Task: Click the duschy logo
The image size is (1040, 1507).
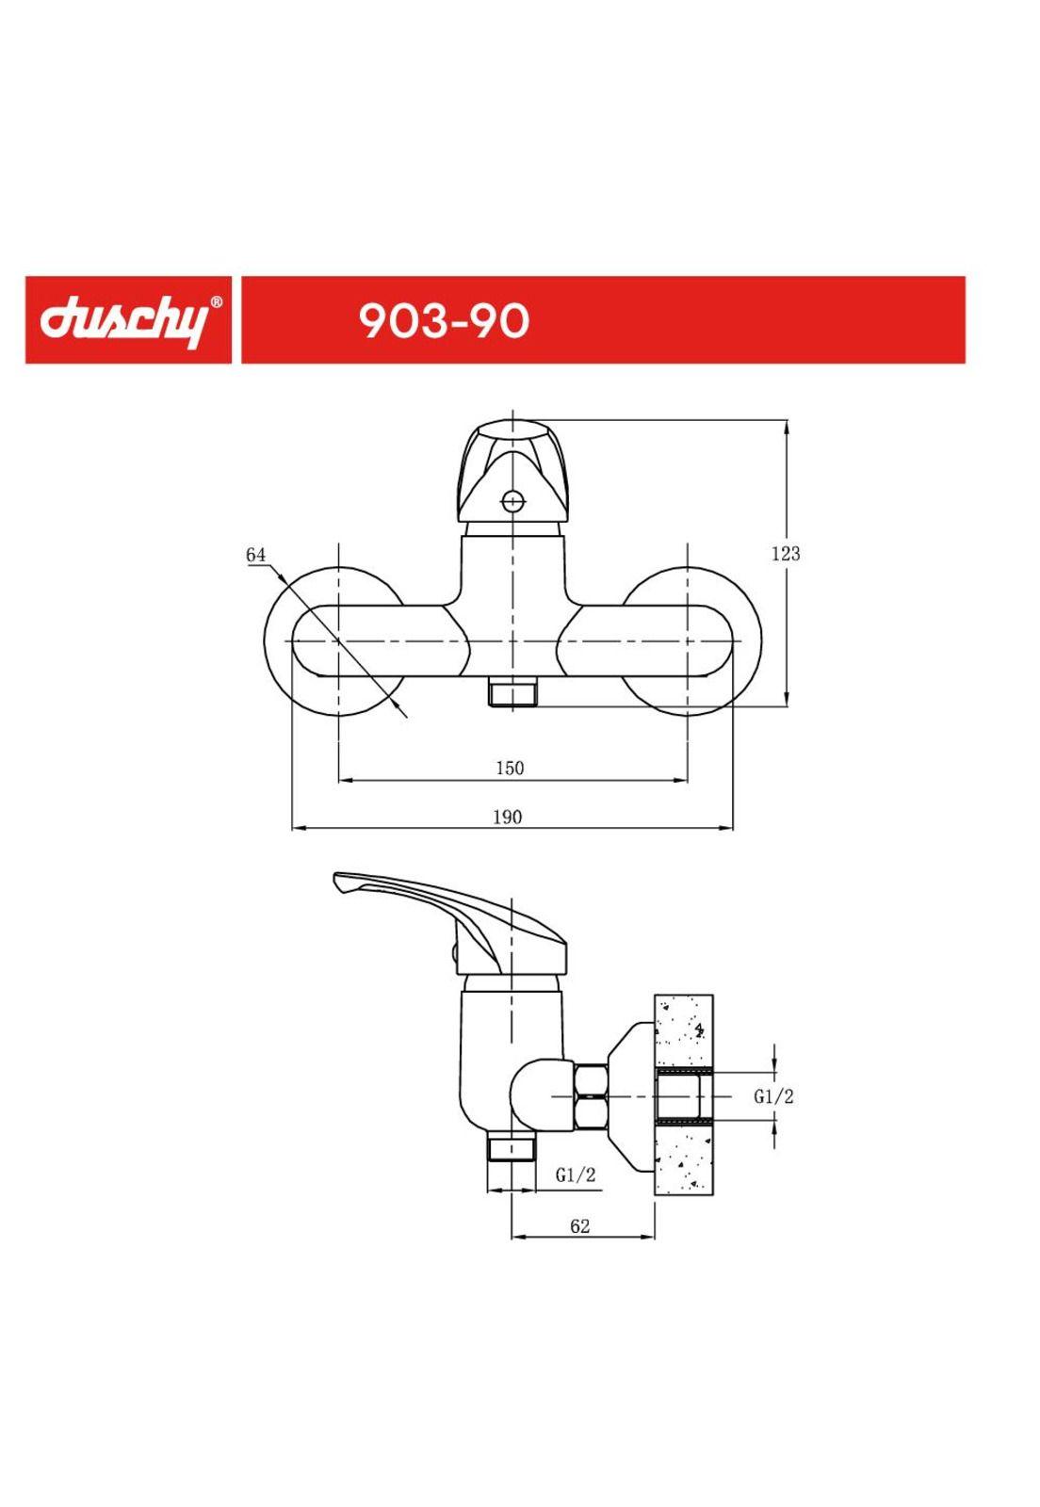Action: (122, 320)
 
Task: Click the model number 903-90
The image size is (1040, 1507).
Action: (444, 321)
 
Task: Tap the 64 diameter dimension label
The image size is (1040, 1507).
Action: (256, 555)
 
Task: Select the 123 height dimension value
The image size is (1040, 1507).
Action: (786, 554)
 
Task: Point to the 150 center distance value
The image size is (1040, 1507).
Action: (510, 768)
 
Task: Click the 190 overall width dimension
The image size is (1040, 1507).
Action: (507, 817)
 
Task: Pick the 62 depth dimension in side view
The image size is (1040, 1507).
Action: (580, 1225)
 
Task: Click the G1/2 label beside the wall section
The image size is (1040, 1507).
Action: (773, 1096)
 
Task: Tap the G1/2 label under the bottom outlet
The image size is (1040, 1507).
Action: (575, 1175)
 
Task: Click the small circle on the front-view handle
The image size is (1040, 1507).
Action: (512, 500)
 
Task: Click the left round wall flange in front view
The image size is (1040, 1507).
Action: (283, 640)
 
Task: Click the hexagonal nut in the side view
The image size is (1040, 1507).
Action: (591, 1096)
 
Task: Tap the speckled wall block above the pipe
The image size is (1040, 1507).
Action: (684, 1031)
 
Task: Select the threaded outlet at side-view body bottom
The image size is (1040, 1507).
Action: (511, 1149)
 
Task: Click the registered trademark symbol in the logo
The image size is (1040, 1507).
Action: (216, 303)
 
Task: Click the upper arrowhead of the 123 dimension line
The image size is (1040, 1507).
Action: (787, 426)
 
